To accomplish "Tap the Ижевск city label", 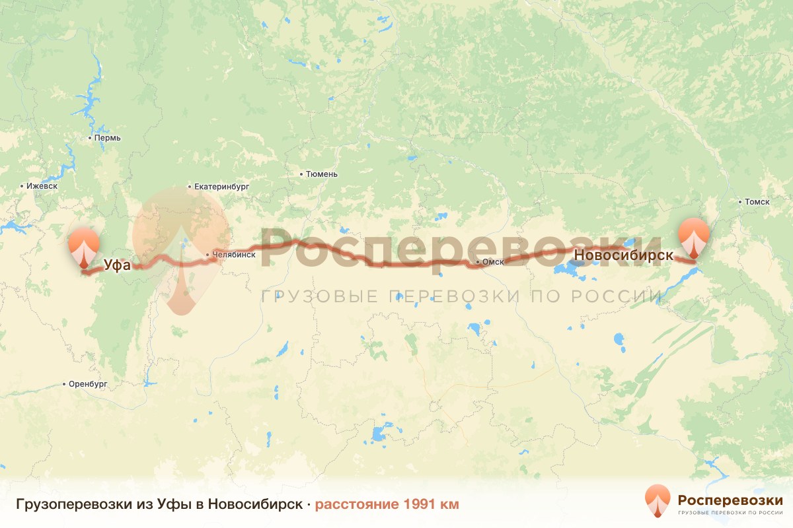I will (42, 186).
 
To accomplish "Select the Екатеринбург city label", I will (222, 187).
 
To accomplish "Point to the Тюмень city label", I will (321, 174).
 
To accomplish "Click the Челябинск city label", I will (234, 254).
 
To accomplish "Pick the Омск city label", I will (494, 262).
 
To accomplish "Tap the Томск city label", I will (757, 201).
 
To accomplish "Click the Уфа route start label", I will (117, 265).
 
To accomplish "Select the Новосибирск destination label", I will (624, 255).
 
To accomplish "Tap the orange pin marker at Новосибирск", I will (693, 236).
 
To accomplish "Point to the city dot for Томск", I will (739, 201).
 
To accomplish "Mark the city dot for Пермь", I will (91, 138).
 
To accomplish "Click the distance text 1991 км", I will (430, 504).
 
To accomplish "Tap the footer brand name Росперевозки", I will (730, 499).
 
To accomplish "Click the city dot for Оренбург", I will (64, 383).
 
